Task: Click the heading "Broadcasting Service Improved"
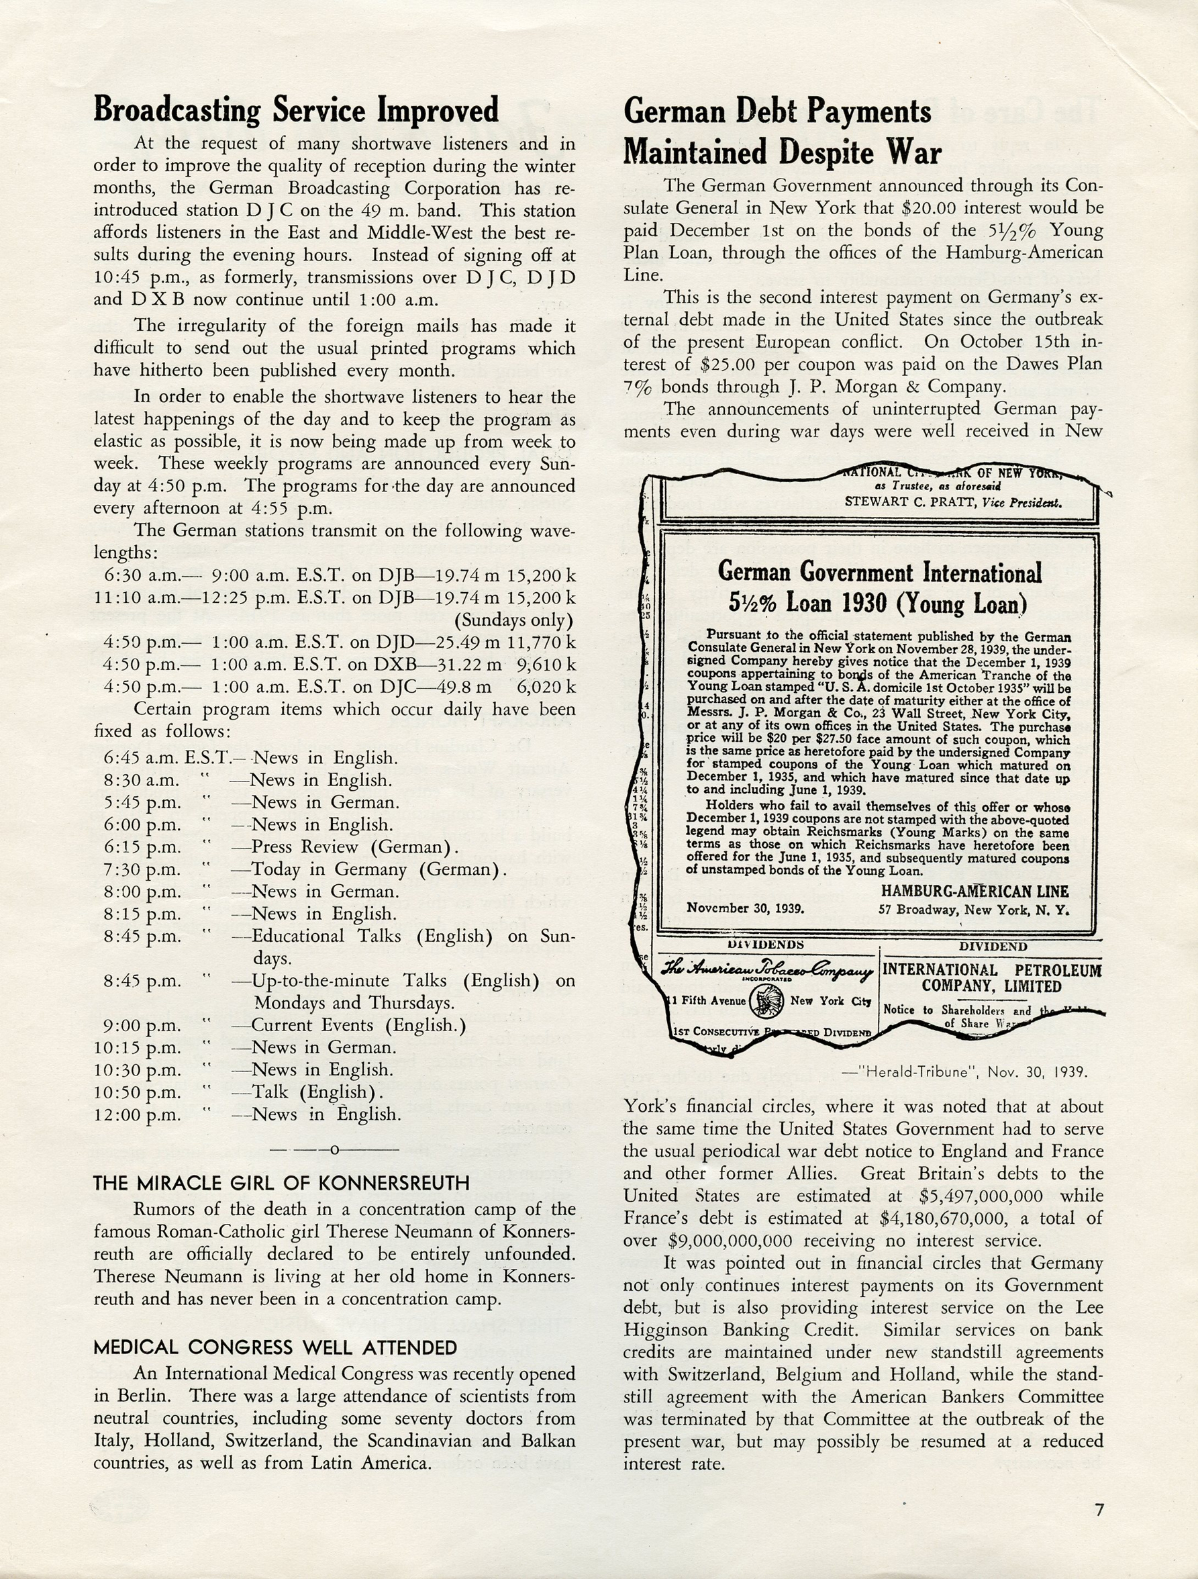296,110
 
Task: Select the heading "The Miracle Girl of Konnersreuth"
281,1183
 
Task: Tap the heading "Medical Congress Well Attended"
274,1347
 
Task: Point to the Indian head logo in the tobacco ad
768,1000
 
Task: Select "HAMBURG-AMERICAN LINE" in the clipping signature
975,891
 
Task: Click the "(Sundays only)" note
513,620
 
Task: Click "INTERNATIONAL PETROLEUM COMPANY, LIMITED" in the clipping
992,978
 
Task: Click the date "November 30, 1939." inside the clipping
745,909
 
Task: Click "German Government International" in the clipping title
879,573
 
